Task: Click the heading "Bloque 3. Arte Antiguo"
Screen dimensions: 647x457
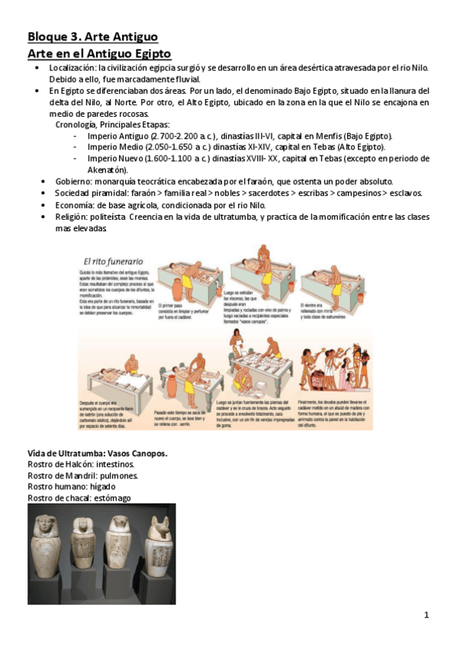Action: click(92, 36)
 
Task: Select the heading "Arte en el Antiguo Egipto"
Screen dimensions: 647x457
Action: click(99, 53)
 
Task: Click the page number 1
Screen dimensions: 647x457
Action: click(427, 615)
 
